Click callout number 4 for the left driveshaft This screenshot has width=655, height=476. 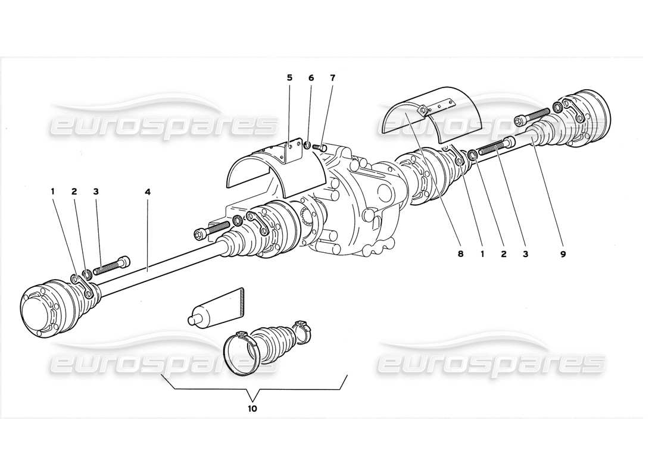(147, 192)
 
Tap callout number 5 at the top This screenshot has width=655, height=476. (289, 78)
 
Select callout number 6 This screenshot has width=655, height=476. (311, 78)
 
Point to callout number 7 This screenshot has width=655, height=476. (332, 78)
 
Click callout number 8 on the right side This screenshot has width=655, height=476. (460, 253)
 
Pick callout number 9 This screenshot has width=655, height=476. (563, 253)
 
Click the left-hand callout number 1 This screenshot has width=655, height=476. (52, 192)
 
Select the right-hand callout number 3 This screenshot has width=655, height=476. (525, 253)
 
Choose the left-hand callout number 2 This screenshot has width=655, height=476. (74, 192)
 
